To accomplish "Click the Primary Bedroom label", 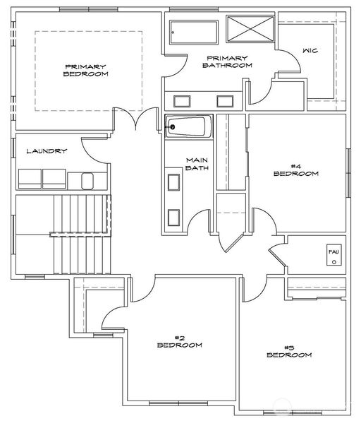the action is [86, 70].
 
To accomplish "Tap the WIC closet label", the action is [310, 50].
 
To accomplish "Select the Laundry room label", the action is [47, 151].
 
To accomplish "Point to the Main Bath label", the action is [197, 164].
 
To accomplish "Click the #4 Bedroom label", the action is [296, 170].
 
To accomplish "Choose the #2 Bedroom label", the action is [180, 341].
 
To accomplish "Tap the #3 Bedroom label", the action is [290, 352].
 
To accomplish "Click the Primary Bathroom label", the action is [227, 61].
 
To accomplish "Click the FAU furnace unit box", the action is [334, 255].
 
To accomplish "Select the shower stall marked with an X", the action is [250, 29].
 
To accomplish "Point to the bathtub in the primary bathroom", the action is [194, 32].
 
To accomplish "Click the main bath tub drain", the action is [172, 126].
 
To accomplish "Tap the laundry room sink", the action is [87, 181].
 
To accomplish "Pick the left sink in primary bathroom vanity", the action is [182, 101].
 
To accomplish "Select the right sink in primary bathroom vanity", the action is [225, 101].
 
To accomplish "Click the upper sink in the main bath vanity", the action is [173, 182].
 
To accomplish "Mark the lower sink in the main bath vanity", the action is [173, 218].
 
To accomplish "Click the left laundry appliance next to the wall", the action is [30, 179].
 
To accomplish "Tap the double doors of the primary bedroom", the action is [135, 119].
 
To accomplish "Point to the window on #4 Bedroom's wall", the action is [349, 173].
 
